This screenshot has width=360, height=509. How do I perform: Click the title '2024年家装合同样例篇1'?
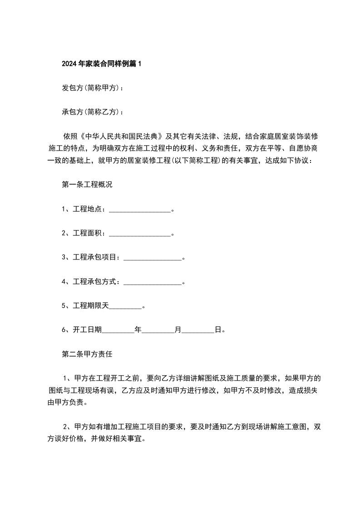tap(102, 64)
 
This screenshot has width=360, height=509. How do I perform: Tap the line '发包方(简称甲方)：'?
tap(93, 88)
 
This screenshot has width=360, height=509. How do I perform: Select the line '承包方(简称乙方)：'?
tap(93, 112)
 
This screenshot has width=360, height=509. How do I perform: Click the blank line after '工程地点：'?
tap(140, 209)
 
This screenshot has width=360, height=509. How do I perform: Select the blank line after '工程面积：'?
tap(140, 233)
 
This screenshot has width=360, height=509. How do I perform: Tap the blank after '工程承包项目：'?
tap(153, 258)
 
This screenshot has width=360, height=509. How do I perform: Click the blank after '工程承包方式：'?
tap(153, 282)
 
